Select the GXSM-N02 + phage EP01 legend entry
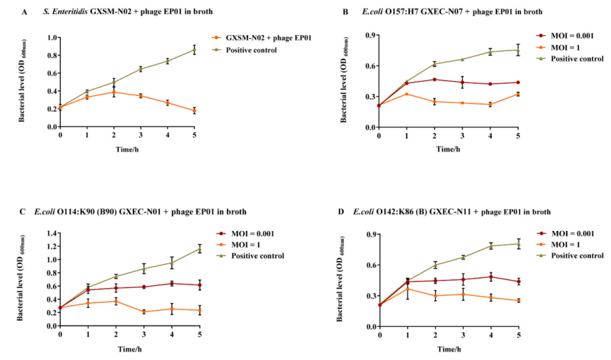(263, 38)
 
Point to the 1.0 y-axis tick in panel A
(51, 37)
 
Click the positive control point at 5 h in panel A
(194, 50)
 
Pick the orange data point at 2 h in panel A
(114, 92)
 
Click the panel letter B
(346, 12)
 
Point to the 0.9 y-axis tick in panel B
(369, 35)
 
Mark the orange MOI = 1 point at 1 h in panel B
(406, 94)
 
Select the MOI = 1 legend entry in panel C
(247, 244)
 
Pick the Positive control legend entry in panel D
(577, 255)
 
